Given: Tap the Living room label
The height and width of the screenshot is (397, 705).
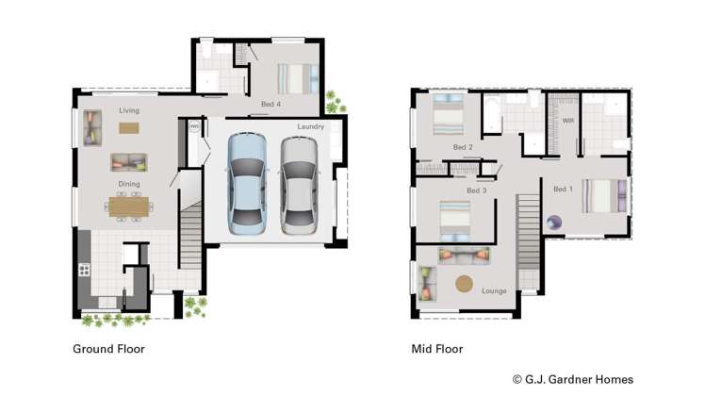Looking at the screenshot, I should [x=128, y=110].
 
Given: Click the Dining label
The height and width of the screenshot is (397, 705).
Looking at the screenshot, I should [x=128, y=185].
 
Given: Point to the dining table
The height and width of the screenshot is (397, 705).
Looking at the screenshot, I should [x=128, y=207].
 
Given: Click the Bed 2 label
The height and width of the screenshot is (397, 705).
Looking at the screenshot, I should [x=463, y=147].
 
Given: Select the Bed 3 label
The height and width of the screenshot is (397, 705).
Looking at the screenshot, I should [x=476, y=190].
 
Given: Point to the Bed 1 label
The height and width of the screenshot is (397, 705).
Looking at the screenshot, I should [x=563, y=190].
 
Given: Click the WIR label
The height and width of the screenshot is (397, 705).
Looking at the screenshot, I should [x=568, y=121].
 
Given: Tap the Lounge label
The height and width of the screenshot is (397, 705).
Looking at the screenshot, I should [x=494, y=290].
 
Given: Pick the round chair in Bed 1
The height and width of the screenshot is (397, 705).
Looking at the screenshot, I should [x=555, y=223].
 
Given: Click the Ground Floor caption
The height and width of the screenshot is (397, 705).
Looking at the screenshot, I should [x=108, y=349].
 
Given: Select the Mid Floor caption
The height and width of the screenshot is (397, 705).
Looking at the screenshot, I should [x=436, y=349].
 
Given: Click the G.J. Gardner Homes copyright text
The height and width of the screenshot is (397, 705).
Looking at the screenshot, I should [x=572, y=379].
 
